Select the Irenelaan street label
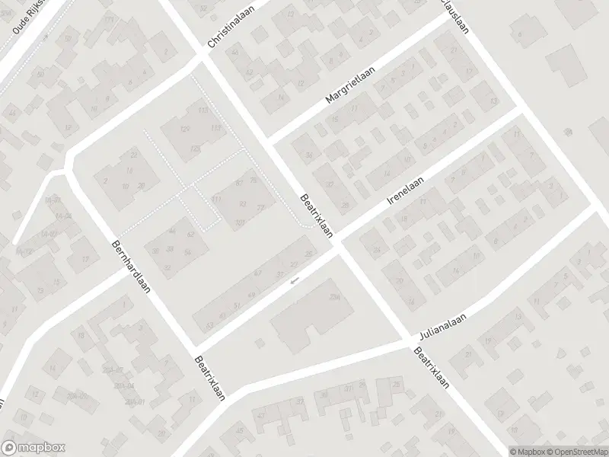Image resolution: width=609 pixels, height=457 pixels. pos(404,188)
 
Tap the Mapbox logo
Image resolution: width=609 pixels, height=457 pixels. pos(33,449)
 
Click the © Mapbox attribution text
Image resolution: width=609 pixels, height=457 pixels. pos(527,451)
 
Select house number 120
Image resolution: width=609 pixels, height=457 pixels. pos(183,129)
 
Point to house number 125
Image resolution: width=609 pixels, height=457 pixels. pos(196,148)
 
